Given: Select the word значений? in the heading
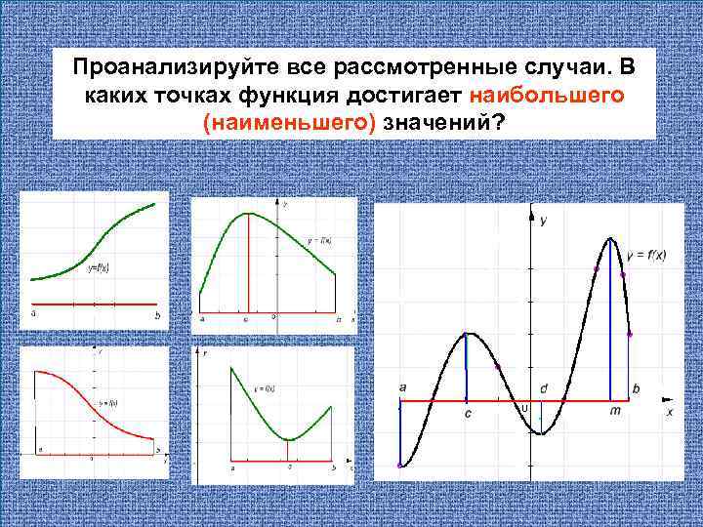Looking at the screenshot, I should [445, 123].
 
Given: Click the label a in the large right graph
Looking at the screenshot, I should [402, 387].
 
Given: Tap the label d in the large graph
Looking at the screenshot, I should [544, 388].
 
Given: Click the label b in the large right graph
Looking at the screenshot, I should [636, 388].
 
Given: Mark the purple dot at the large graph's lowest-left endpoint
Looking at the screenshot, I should [399, 466].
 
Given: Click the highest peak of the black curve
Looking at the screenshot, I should [611, 239].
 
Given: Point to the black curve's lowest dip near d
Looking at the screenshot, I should [539, 433].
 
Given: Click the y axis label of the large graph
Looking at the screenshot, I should [543, 222].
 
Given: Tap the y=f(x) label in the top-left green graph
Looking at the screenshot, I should [99, 265].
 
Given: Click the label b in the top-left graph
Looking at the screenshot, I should [157, 315].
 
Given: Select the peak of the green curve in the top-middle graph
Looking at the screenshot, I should [249, 213].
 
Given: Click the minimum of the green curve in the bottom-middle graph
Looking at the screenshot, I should [289, 439].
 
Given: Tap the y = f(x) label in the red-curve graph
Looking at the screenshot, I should [108, 402].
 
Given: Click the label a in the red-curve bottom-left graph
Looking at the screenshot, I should [40, 449].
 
